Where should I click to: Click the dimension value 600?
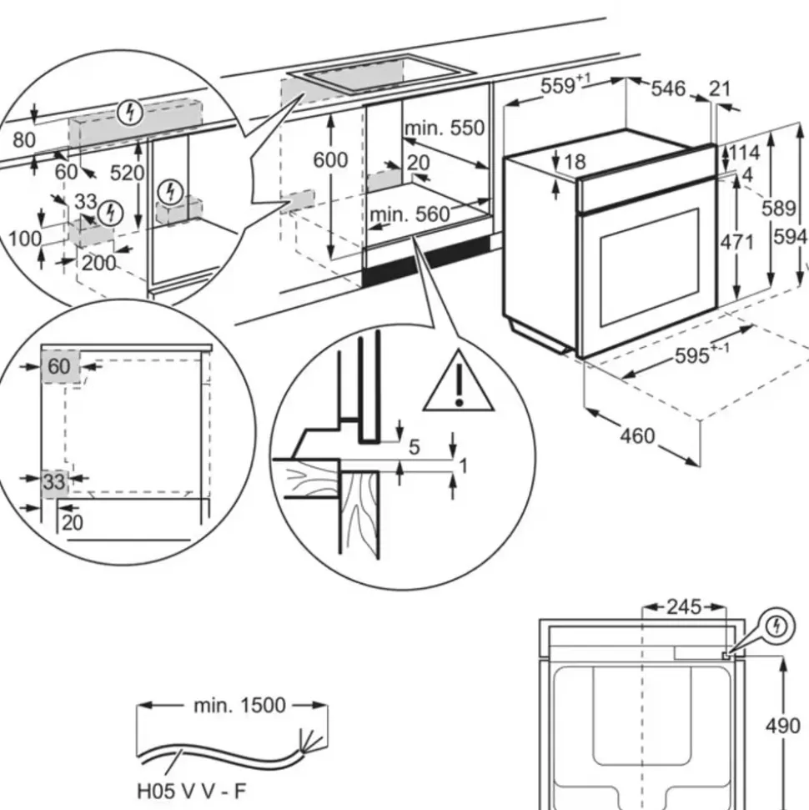coord(330,158)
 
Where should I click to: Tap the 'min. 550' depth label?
coord(444,128)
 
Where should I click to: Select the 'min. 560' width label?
coord(410,214)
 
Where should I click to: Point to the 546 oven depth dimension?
coord(667,88)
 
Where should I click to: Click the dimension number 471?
coord(736,242)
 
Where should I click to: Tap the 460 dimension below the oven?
coord(637,436)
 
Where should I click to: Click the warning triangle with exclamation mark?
coord(458,384)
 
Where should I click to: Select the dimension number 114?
coord(745,153)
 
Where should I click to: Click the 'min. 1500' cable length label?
coord(239,706)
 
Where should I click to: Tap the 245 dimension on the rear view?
coord(684,606)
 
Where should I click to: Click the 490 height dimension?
coord(783,726)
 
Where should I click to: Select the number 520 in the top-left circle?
coord(128,173)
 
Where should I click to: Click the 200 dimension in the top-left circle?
coord(98,264)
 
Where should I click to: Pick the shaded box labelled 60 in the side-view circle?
coord(59,366)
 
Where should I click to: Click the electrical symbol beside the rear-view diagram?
coord(776,626)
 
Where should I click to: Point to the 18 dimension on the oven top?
coord(575,162)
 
